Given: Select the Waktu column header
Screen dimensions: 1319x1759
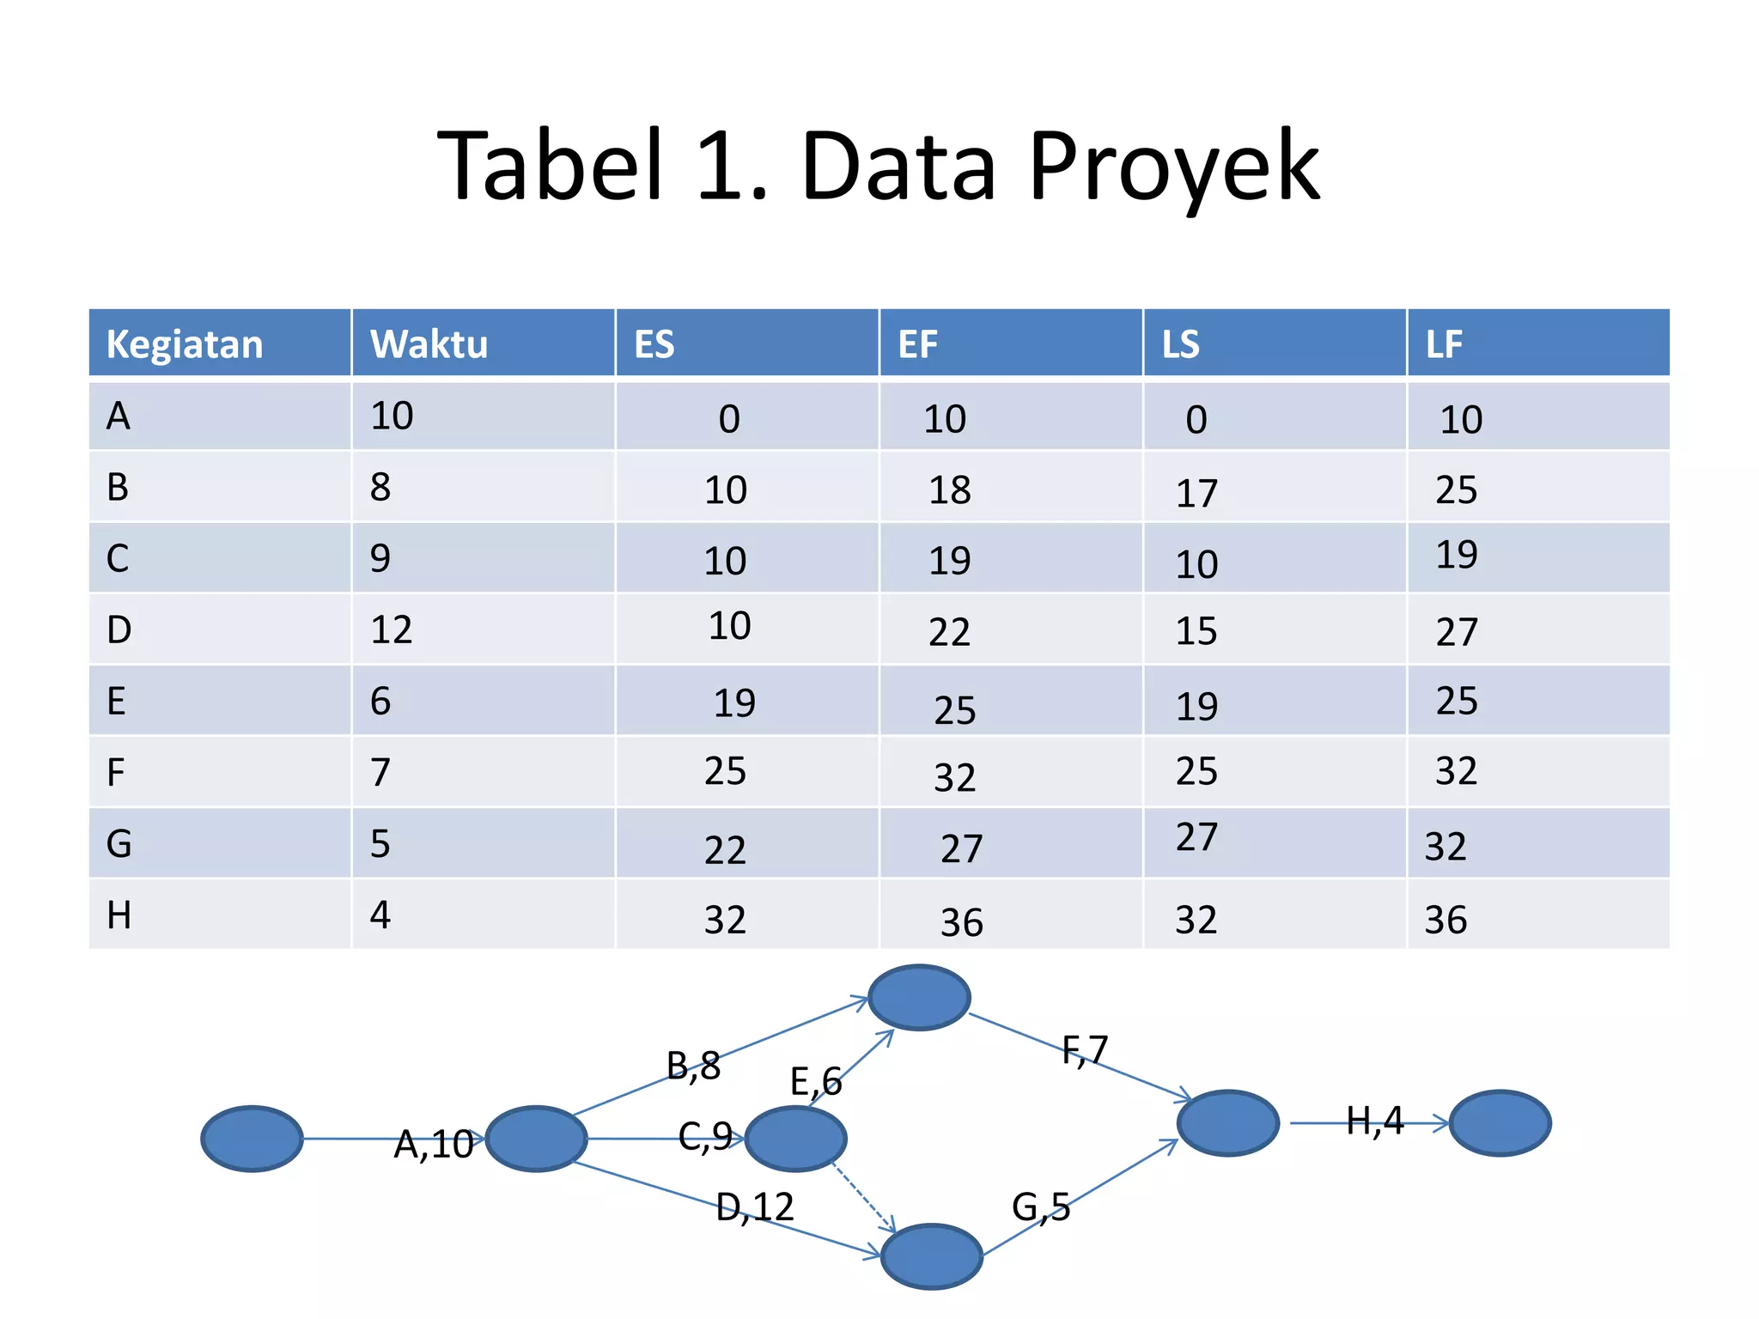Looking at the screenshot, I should pyautogui.click(x=429, y=344).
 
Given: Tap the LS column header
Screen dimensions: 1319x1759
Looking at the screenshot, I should pyautogui.click(x=1180, y=344).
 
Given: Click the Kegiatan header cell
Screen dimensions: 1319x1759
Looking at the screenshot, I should pyautogui.click(x=184, y=344).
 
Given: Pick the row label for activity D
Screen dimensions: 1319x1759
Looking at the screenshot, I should pyautogui.click(x=119, y=629).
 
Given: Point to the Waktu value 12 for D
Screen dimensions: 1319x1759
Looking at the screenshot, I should pyautogui.click(x=391, y=629).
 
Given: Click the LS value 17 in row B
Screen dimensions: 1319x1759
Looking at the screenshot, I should pyautogui.click(x=1196, y=493).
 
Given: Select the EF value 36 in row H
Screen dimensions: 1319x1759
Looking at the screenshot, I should pyautogui.click(x=961, y=922).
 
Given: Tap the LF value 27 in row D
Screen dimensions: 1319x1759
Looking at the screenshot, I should pyautogui.click(x=1457, y=632).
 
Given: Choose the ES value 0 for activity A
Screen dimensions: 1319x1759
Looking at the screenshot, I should pyautogui.click(x=728, y=419).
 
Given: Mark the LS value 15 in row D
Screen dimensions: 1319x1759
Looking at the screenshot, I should pyautogui.click(x=1196, y=631).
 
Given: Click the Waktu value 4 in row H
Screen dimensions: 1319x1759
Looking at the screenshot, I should pyautogui.click(x=380, y=915).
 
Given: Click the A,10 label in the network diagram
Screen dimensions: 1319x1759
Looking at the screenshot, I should pyautogui.click(x=433, y=1144).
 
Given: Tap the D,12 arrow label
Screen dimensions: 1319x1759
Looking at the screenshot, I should pyautogui.click(x=754, y=1207).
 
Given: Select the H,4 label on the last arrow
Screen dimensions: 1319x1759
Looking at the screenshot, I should pyautogui.click(x=1374, y=1120).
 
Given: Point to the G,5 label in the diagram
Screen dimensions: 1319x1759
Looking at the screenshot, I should pyautogui.click(x=1040, y=1207).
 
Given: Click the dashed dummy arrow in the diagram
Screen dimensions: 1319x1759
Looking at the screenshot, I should pyautogui.click(x=863, y=1197).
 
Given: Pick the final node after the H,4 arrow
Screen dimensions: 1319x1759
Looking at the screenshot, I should pyautogui.click(x=1500, y=1123).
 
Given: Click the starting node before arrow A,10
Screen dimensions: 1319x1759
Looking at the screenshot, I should pyautogui.click(x=252, y=1139).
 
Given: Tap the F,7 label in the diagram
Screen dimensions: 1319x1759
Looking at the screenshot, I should pyautogui.click(x=1084, y=1049).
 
